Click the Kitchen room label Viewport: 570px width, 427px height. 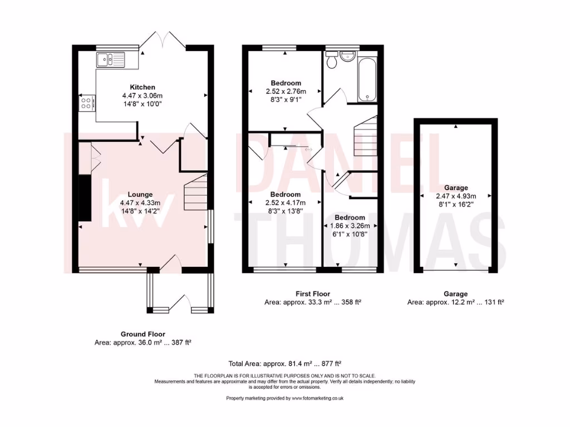(142, 87)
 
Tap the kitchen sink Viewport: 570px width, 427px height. (111, 58)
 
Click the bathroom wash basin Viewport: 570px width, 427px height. (349, 56)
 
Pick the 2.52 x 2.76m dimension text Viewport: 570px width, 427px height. (286, 92)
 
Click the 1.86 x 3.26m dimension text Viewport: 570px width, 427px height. (350, 226)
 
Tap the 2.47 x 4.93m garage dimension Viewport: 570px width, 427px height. (456, 196)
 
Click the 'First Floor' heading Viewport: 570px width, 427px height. (312, 294)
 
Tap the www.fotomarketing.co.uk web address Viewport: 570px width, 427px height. (316, 398)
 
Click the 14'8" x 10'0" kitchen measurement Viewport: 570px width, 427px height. (142, 103)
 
